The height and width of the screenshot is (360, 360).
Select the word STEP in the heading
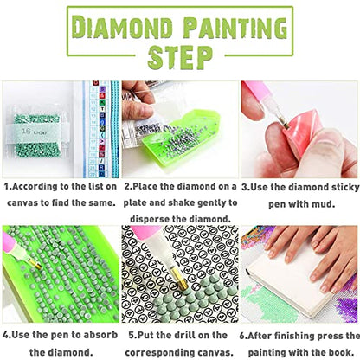[x=179, y=57]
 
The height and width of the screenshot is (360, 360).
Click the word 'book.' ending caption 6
[x=325, y=351]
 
